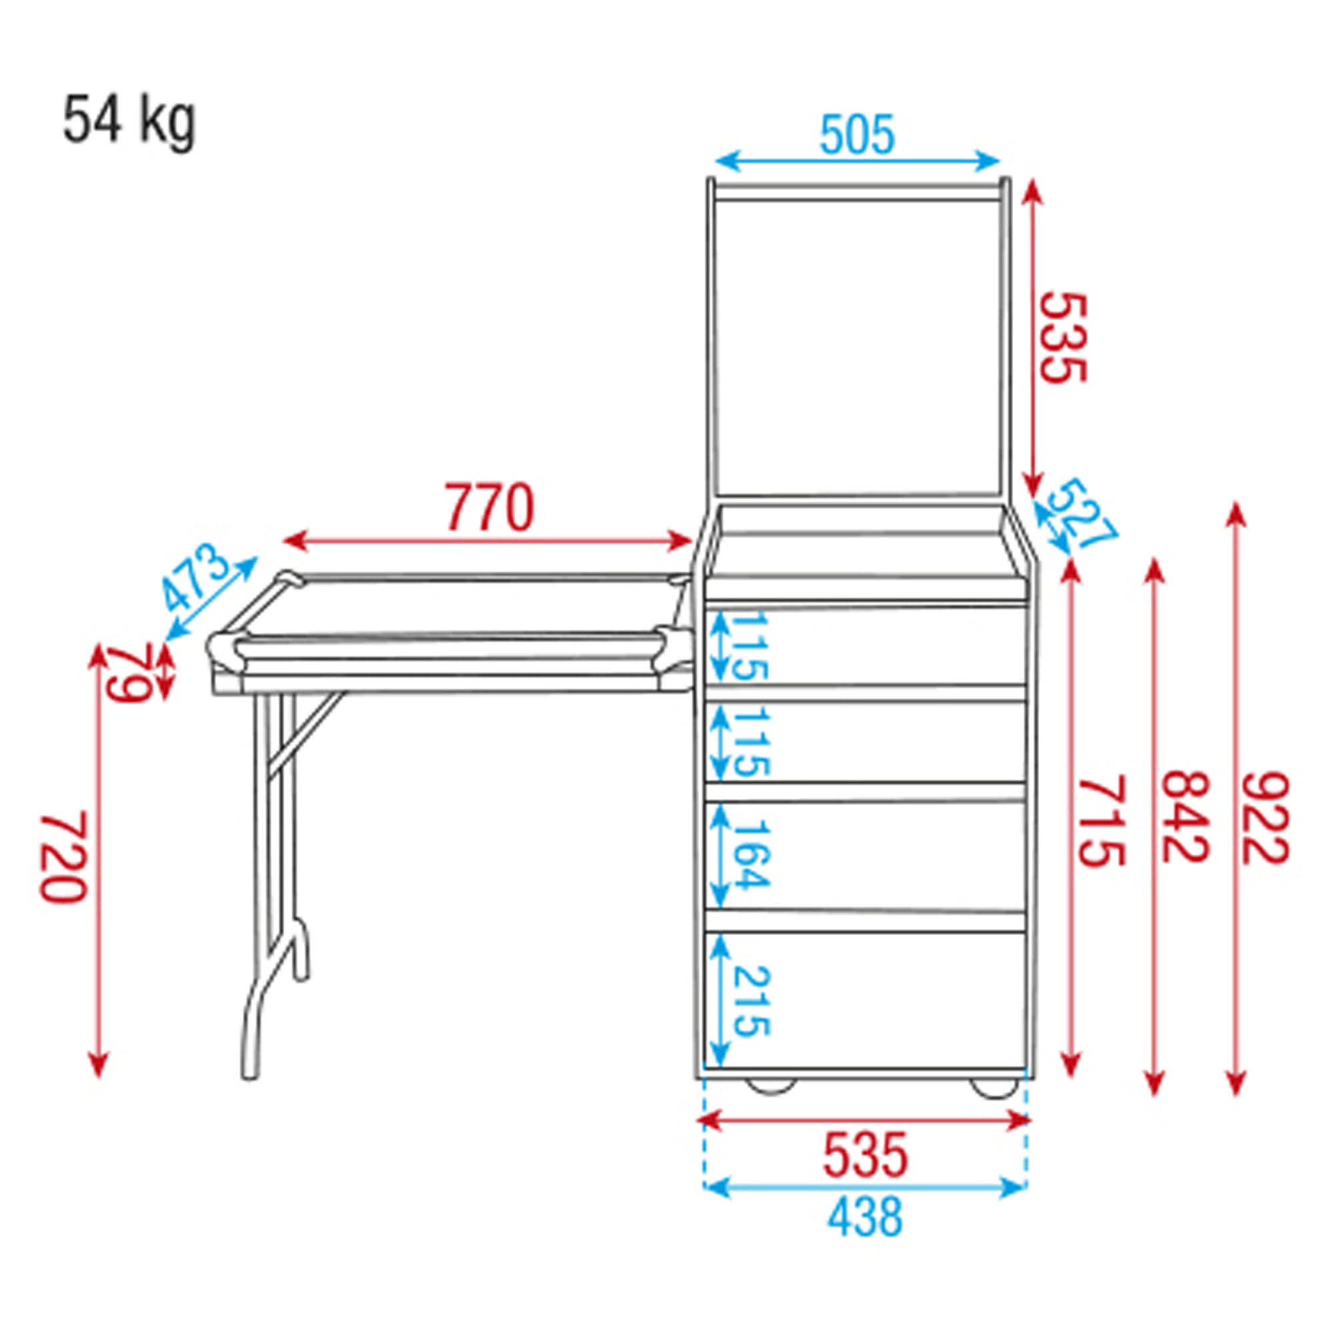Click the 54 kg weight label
(x=129, y=121)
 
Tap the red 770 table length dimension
(x=489, y=508)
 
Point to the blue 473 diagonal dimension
(x=195, y=578)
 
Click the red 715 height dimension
(x=1102, y=821)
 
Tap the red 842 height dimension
(x=1185, y=818)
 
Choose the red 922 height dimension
(x=1266, y=818)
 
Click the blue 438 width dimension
(x=865, y=1217)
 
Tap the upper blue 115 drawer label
(x=749, y=646)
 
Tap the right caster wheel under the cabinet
(x=994, y=1087)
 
